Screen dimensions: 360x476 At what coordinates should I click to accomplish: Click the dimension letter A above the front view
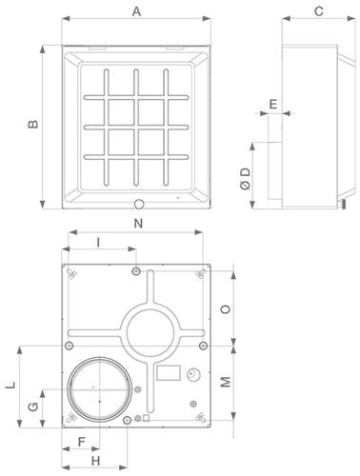(136, 11)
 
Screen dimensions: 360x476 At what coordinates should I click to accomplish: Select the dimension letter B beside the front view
(33, 124)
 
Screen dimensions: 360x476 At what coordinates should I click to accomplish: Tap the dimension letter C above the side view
(319, 11)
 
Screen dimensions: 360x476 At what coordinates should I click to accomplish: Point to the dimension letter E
(273, 104)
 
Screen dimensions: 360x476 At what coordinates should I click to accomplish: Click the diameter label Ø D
(246, 179)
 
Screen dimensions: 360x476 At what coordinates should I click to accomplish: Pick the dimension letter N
(138, 224)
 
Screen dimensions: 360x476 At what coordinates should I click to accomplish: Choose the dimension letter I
(98, 243)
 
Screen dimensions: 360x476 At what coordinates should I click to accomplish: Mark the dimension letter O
(226, 309)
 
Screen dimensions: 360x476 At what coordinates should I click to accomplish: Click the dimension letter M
(226, 382)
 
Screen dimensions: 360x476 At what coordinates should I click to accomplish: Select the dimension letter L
(10, 386)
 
